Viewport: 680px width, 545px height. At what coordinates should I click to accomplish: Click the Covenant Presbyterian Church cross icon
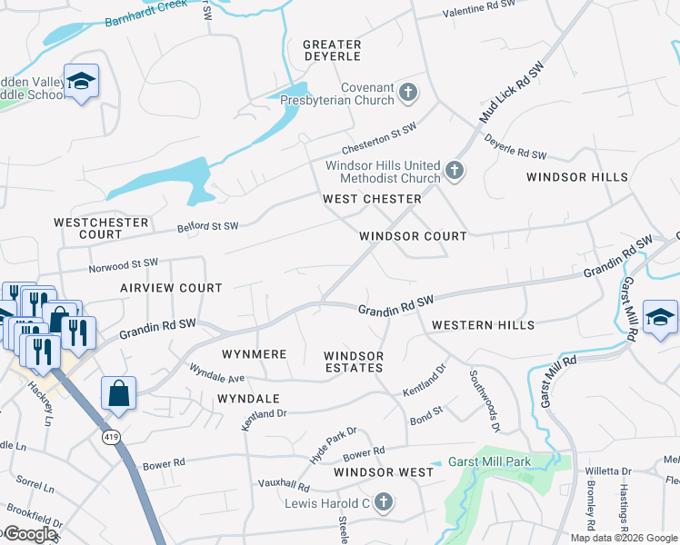click(x=409, y=92)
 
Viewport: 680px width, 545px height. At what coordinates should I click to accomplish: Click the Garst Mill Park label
click(x=491, y=461)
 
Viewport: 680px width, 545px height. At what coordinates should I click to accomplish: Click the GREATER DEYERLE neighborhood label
click(x=332, y=50)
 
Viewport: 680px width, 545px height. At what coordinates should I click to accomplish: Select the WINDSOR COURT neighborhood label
click(x=413, y=235)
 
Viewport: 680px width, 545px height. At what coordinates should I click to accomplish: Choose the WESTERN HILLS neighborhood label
click(x=483, y=324)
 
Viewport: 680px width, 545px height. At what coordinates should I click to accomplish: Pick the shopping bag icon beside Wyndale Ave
click(x=118, y=393)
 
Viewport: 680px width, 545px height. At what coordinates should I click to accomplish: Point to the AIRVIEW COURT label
click(x=171, y=287)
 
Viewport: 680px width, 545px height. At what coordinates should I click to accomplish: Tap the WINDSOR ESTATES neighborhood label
click(x=354, y=362)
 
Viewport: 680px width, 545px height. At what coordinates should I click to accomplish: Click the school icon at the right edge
click(x=660, y=317)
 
